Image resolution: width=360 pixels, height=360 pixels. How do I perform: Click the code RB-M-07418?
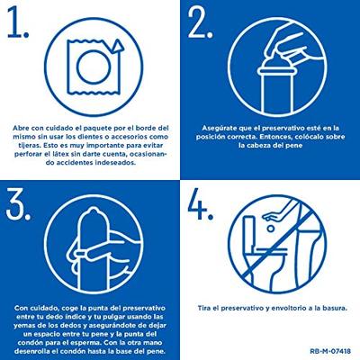click(330, 351)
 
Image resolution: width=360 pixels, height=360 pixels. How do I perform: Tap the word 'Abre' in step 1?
click(20, 128)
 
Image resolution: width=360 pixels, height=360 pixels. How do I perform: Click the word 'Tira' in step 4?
click(203, 308)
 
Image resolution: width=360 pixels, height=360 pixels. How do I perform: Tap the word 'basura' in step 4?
click(335, 308)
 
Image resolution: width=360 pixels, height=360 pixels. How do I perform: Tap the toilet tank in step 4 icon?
click(250, 231)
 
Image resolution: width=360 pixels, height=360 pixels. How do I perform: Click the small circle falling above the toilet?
click(271, 229)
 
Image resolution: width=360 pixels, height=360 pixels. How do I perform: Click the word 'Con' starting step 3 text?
click(20, 308)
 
